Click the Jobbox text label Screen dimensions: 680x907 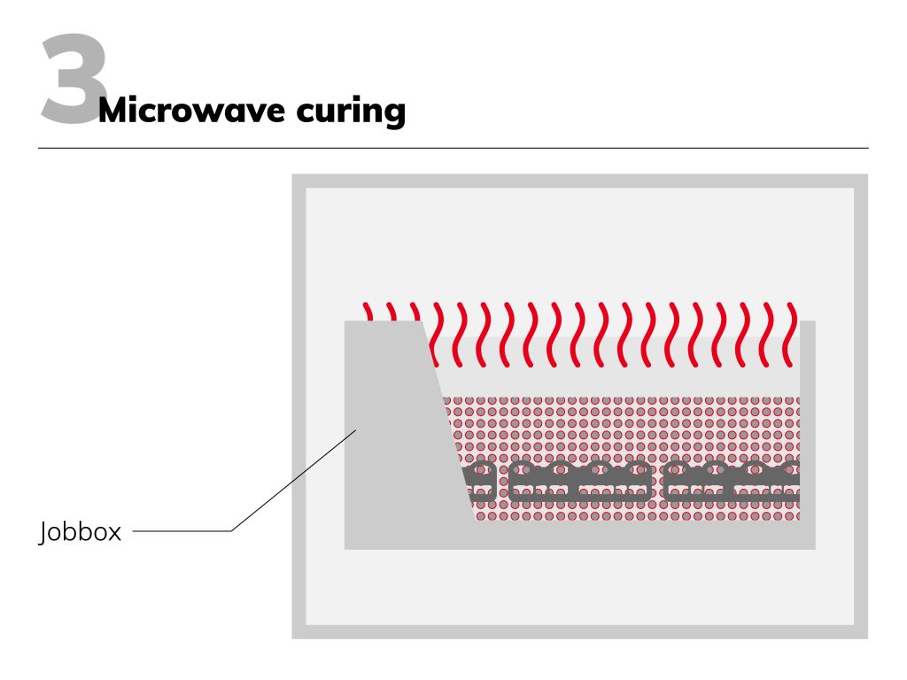(x=81, y=532)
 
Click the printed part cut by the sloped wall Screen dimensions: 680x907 (x=478, y=483)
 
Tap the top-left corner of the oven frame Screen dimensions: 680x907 (x=298, y=181)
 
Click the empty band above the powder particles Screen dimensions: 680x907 (x=620, y=376)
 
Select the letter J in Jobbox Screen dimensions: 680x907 (x=43, y=533)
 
